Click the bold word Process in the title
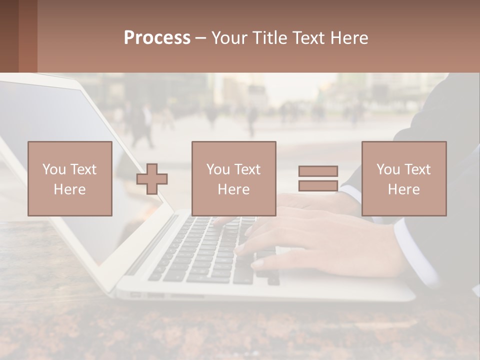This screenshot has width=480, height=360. pyautogui.click(x=157, y=38)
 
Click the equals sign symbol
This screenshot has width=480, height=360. pyautogui.click(x=318, y=178)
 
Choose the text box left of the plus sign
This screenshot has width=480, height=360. pyautogui.click(x=70, y=178)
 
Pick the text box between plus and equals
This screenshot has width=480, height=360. pyautogui.click(x=233, y=178)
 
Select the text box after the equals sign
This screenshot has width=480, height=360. pyautogui.click(x=404, y=178)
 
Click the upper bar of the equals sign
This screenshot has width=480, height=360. pyautogui.click(x=318, y=171)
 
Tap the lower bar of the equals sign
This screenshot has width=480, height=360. pyautogui.click(x=318, y=186)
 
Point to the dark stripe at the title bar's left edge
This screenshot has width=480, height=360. pyautogui.click(x=9, y=36)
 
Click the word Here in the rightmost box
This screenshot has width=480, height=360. pyautogui.click(x=404, y=189)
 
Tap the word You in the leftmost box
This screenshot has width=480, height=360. pyautogui.click(x=53, y=169)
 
